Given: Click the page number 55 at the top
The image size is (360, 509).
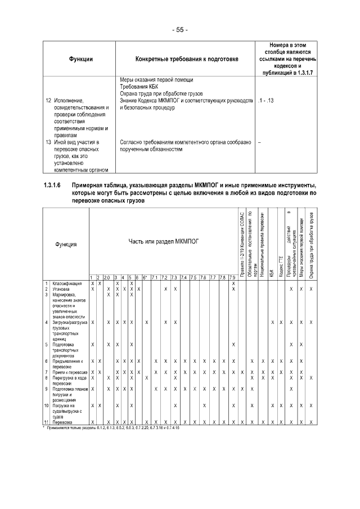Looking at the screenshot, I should pyautogui.click(x=179, y=29).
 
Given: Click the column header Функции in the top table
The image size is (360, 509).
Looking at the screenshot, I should pyautogui.click(x=81, y=59).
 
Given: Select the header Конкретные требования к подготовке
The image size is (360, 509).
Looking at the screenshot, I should pyautogui.click(x=186, y=59).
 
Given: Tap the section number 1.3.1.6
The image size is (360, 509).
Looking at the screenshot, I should pyautogui.click(x=55, y=185).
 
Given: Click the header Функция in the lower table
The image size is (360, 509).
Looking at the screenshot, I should pyautogui.click(x=66, y=244).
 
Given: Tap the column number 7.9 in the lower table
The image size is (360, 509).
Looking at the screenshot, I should pyautogui.click(x=233, y=278).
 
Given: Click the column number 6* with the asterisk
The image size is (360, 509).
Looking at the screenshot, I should pyautogui.click(x=145, y=278).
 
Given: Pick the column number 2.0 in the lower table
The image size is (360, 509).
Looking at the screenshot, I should pyautogui.click(x=106, y=278).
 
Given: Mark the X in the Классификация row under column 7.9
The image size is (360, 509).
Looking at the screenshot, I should pyautogui.click(x=233, y=283).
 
